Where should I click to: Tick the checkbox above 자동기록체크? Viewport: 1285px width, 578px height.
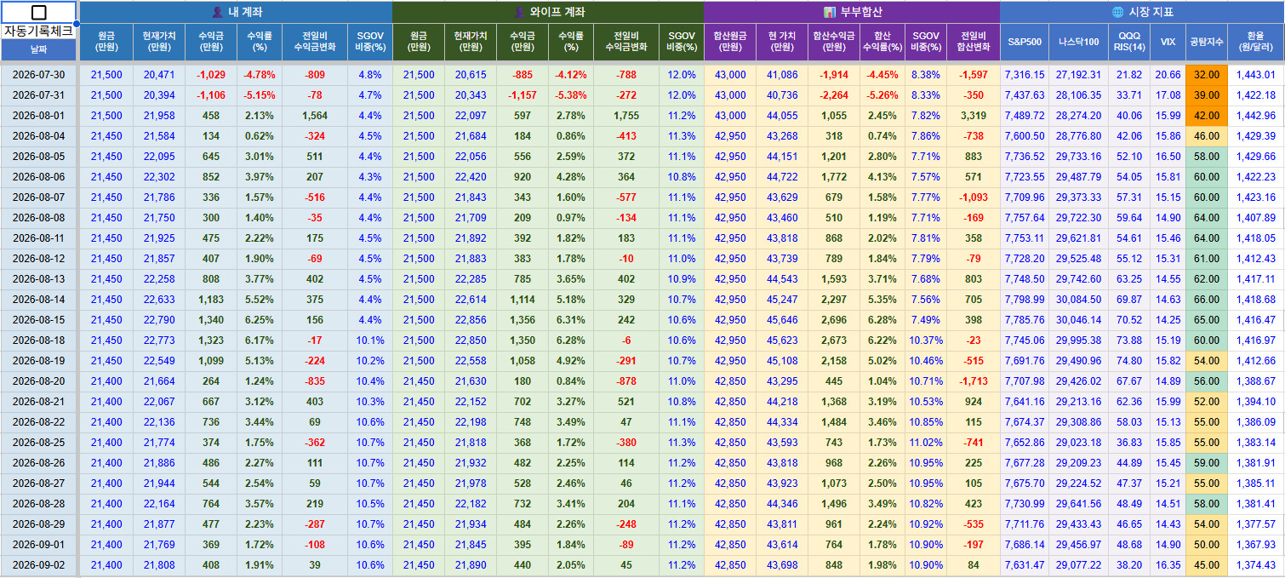click(39, 12)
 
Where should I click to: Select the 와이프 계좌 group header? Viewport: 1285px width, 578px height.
click(548, 12)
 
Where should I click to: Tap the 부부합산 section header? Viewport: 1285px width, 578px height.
click(852, 12)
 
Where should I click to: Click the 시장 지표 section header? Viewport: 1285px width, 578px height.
click(1142, 12)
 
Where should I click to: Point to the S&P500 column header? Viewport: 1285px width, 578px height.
click(1025, 42)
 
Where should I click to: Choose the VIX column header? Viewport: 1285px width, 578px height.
click(1168, 42)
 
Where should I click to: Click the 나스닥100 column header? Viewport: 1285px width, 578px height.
click(1078, 42)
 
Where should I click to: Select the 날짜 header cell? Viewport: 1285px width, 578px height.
click(38, 49)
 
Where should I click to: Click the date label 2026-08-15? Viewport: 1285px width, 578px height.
click(38, 320)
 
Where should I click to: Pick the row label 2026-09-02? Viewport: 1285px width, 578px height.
click(38, 564)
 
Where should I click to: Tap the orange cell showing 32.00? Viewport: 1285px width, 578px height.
click(1207, 75)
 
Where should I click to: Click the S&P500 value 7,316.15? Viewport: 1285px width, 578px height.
click(1025, 75)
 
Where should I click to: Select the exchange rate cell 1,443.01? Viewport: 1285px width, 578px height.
click(1256, 75)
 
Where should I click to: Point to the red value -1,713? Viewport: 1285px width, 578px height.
click(973, 381)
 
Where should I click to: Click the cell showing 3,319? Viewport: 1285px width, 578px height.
click(973, 116)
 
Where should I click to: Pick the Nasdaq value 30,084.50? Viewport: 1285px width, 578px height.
click(1078, 300)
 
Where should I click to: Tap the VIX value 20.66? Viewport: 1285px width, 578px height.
click(1168, 75)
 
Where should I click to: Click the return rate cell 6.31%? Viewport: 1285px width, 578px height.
click(571, 320)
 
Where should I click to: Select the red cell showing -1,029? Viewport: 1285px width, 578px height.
click(210, 75)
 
